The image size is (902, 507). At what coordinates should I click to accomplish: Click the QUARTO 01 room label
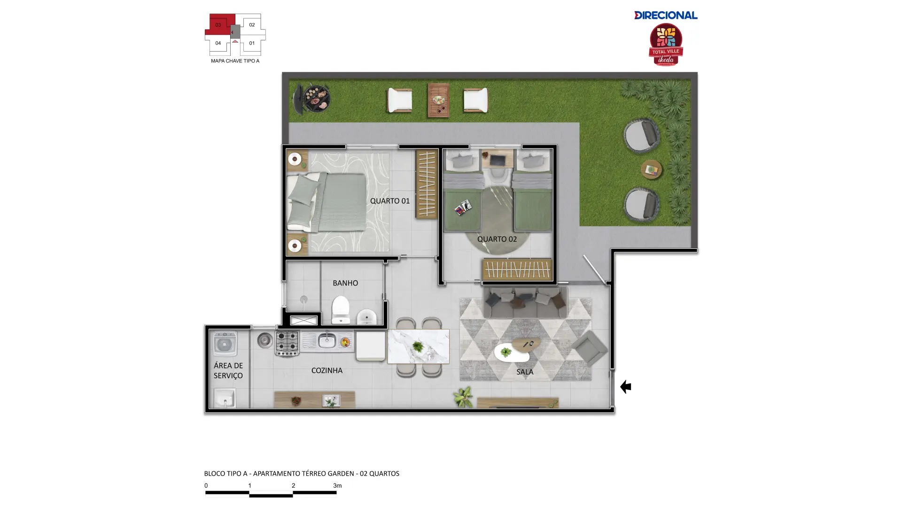coord(389,201)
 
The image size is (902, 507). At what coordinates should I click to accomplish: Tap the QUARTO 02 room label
coord(497,239)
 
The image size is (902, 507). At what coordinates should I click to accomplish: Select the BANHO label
coord(345,283)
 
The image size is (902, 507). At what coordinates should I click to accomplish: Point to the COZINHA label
coord(327,370)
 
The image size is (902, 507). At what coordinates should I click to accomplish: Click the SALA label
coord(525,372)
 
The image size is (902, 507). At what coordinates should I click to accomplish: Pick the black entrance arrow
coord(625,387)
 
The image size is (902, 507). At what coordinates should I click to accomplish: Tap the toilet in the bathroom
coord(341,309)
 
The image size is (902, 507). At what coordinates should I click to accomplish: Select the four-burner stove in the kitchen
coord(287,343)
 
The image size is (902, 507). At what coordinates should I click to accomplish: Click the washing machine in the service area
coord(225,344)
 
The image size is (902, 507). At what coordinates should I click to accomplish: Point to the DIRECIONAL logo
coord(666,15)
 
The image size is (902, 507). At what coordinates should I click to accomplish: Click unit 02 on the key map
coord(252,25)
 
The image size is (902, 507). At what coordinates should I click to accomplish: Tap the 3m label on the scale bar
coord(337,485)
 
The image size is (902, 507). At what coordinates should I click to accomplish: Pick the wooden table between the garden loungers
coord(438,100)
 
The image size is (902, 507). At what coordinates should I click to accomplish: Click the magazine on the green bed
coord(463,207)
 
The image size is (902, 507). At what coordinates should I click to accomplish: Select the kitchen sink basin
coord(327,340)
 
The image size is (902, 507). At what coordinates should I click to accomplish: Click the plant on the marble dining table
coord(417,347)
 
